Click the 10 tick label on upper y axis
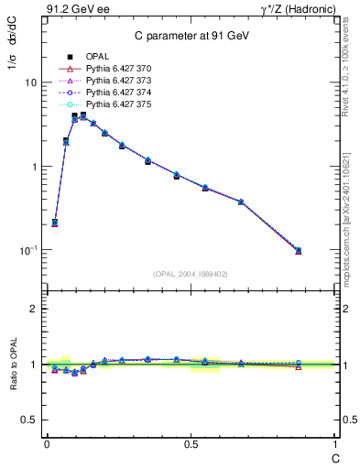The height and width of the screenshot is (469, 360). pos(30,82)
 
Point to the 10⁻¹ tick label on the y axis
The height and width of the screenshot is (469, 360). pos(27,250)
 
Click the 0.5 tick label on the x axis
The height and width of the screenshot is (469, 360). pos(191,443)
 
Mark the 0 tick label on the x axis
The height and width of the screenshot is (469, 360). pos(47,443)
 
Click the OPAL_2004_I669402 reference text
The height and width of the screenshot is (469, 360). pos(191,273)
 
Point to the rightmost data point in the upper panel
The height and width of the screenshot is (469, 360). pos(298,250)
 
